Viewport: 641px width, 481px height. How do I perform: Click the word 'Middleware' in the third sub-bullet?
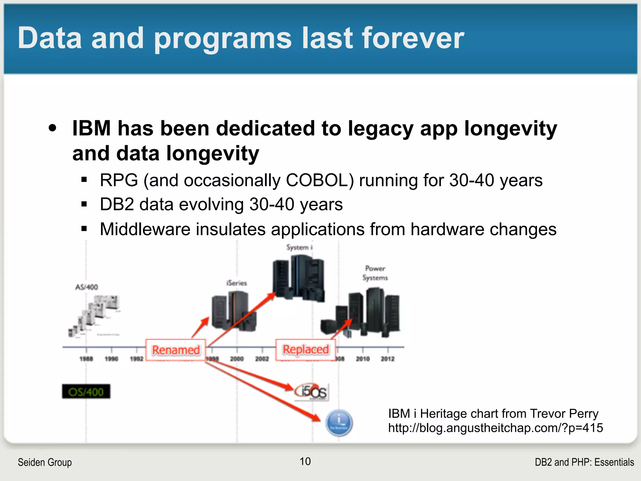coord(145,229)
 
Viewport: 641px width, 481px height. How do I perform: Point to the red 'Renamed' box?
coord(176,350)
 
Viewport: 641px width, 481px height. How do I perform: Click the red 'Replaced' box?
coord(305,349)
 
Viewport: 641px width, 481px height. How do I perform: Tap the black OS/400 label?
coord(86,392)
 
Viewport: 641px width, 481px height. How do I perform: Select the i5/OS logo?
coord(312,391)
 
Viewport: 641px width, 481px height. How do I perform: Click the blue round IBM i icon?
coord(339,423)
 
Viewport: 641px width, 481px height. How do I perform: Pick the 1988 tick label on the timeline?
coord(86,359)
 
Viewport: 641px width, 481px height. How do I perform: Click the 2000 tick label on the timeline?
coord(237,359)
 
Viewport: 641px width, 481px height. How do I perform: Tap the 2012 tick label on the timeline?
coord(387,359)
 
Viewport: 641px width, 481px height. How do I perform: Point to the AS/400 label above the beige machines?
coord(87,287)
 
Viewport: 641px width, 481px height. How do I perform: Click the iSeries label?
coord(237,283)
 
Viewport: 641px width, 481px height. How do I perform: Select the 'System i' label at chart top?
coord(299,247)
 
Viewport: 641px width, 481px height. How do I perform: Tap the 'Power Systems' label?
coord(375,273)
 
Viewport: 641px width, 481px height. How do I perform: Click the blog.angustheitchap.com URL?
coord(495,428)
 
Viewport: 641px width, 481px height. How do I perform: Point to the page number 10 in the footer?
coord(305,461)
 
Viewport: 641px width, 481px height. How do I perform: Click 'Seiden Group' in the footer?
coord(45,462)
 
